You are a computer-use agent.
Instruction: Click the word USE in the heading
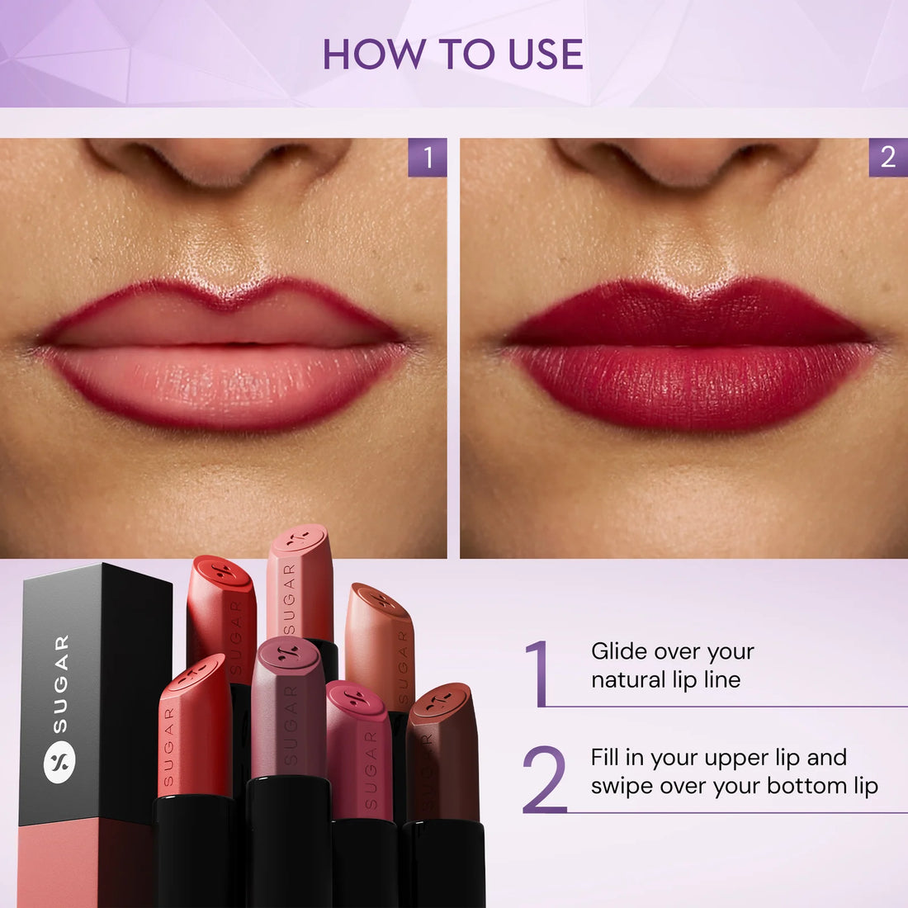546,54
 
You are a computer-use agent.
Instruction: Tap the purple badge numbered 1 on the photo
428,157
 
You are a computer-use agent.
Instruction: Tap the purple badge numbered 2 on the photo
888,157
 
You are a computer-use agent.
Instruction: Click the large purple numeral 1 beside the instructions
539,673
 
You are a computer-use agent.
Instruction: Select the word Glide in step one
618,651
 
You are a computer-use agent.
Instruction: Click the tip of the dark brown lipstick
442,702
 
